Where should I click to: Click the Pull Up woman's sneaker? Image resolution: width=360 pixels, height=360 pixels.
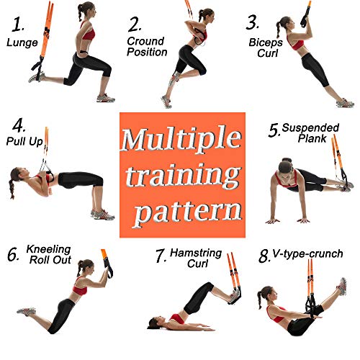103,214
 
